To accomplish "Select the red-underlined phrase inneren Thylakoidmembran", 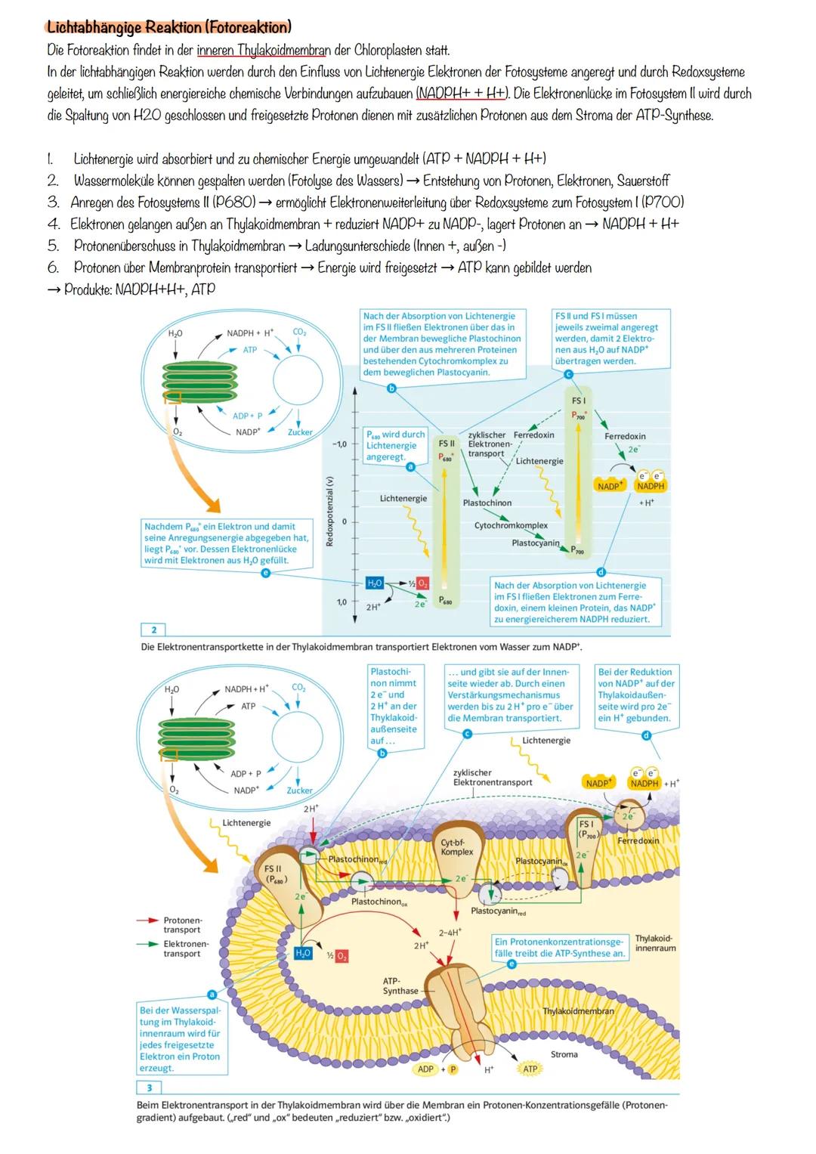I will coord(263,51).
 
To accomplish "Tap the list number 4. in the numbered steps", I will coord(53,224).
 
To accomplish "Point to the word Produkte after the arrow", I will coord(88,289).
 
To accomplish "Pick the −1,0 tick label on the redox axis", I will coord(338,444).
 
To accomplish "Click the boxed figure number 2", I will coord(154,630).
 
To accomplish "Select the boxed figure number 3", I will coord(150,1087).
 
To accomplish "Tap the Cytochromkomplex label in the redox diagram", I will coord(511,525).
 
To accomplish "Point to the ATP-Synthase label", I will coord(400,985).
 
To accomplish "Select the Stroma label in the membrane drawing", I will coord(564,1054).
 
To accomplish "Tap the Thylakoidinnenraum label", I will coord(655,943).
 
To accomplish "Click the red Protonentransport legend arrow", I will coord(147,920).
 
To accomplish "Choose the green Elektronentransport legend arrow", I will coord(147,944).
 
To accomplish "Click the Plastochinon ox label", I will coord(379,902).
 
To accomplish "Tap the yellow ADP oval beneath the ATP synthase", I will coord(426,1069).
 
